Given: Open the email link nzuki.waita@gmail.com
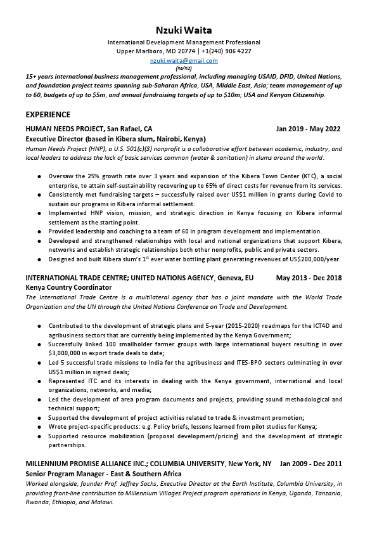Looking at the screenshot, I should tap(184, 61).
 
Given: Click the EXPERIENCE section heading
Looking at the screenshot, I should tap(48, 115).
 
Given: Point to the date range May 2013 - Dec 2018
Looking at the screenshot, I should tap(309, 278).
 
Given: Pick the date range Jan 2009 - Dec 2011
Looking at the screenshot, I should tap(310, 464).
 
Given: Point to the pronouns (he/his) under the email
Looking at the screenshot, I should tap(184, 68).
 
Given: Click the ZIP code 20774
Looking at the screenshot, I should tap(188, 51).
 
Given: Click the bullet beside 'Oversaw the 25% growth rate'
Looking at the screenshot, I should tap(40, 176).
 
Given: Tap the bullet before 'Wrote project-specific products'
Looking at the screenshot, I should tap(40, 427).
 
